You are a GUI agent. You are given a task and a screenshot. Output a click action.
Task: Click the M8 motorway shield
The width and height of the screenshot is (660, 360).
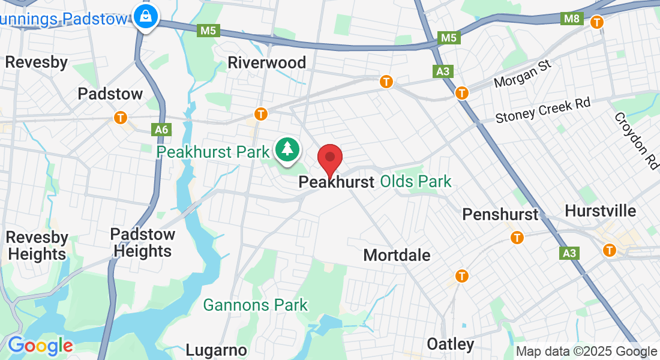click(x=572, y=19)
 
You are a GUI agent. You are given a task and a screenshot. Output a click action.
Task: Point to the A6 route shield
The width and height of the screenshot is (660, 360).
click(x=161, y=129)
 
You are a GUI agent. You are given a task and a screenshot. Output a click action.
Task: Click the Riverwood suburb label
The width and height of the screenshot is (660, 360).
click(x=267, y=62)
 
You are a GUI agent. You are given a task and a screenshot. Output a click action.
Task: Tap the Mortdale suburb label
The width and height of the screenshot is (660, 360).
click(x=397, y=255)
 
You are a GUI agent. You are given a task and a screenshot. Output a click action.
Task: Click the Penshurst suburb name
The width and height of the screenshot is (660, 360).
click(x=500, y=214)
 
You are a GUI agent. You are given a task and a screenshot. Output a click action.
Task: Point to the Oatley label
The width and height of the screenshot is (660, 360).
click(x=451, y=344)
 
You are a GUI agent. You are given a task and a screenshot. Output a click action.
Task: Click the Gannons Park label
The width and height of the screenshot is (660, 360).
click(x=256, y=305)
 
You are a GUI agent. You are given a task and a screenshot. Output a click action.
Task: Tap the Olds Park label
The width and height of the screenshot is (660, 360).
click(x=416, y=181)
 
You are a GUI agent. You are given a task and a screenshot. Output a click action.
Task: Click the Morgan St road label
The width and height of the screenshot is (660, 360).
click(x=522, y=73)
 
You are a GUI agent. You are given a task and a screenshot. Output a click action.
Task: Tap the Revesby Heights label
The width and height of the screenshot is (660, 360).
click(x=37, y=246)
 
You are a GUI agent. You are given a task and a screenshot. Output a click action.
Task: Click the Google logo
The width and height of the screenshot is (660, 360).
click(x=40, y=346)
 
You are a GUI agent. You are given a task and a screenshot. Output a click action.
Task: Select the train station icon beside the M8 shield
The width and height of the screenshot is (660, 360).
click(x=597, y=22)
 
